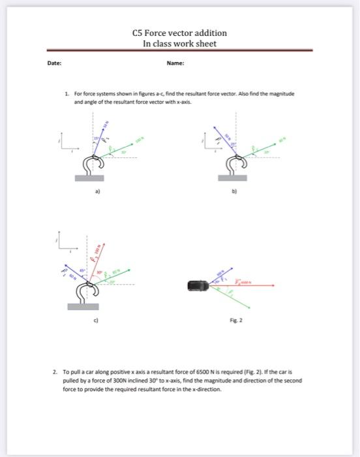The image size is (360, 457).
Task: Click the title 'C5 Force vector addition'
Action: pos(179,33)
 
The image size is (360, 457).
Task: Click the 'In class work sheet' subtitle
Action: pos(179,43)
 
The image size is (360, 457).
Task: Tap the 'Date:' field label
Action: pos(55,64)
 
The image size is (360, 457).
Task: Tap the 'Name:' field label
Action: pos(175,64)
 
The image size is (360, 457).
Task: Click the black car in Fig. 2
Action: pos(198,285)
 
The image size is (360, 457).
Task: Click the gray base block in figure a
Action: pos(89,178)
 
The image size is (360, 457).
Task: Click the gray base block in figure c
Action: pos(82,306)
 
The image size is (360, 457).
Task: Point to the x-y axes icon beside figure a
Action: pos(66,145)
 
